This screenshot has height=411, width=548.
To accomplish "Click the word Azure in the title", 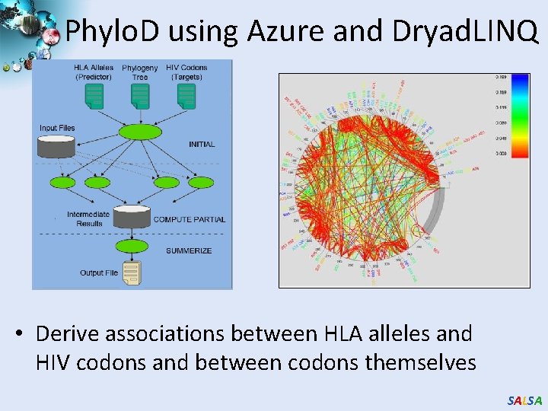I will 280,30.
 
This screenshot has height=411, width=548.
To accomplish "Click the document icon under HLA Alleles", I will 94,94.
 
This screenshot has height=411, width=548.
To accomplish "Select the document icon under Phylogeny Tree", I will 140,94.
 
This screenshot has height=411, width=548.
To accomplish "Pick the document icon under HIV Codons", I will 186,94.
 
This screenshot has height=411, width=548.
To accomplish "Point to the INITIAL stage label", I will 201,144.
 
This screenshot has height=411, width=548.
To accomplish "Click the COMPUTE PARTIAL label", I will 190,219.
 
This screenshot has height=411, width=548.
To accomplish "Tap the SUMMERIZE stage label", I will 189,250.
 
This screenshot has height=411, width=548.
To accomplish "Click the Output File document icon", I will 132,270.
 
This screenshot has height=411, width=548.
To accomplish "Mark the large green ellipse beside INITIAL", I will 140,132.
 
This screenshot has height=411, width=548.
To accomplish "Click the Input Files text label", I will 57,128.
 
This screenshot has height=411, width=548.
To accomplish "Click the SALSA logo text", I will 524,400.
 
